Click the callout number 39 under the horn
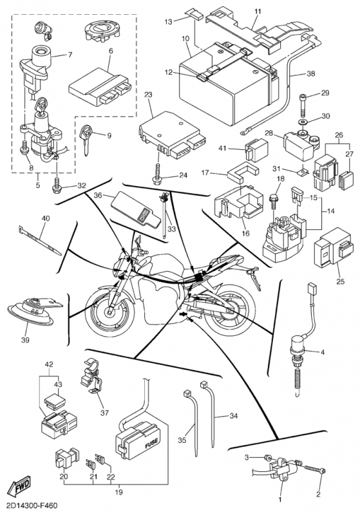(x=25, y=341)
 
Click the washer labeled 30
(x=301, y=122)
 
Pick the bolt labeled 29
(x=303, y=105)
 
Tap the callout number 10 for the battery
(x=185, y=39)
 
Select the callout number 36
(x=99, y=196)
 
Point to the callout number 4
(x=323, y=352)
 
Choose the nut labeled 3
(x=268, y=457)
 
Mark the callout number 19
(x=119, y=492)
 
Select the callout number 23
(x=148, y=95)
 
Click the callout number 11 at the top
(x=258, y=12)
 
